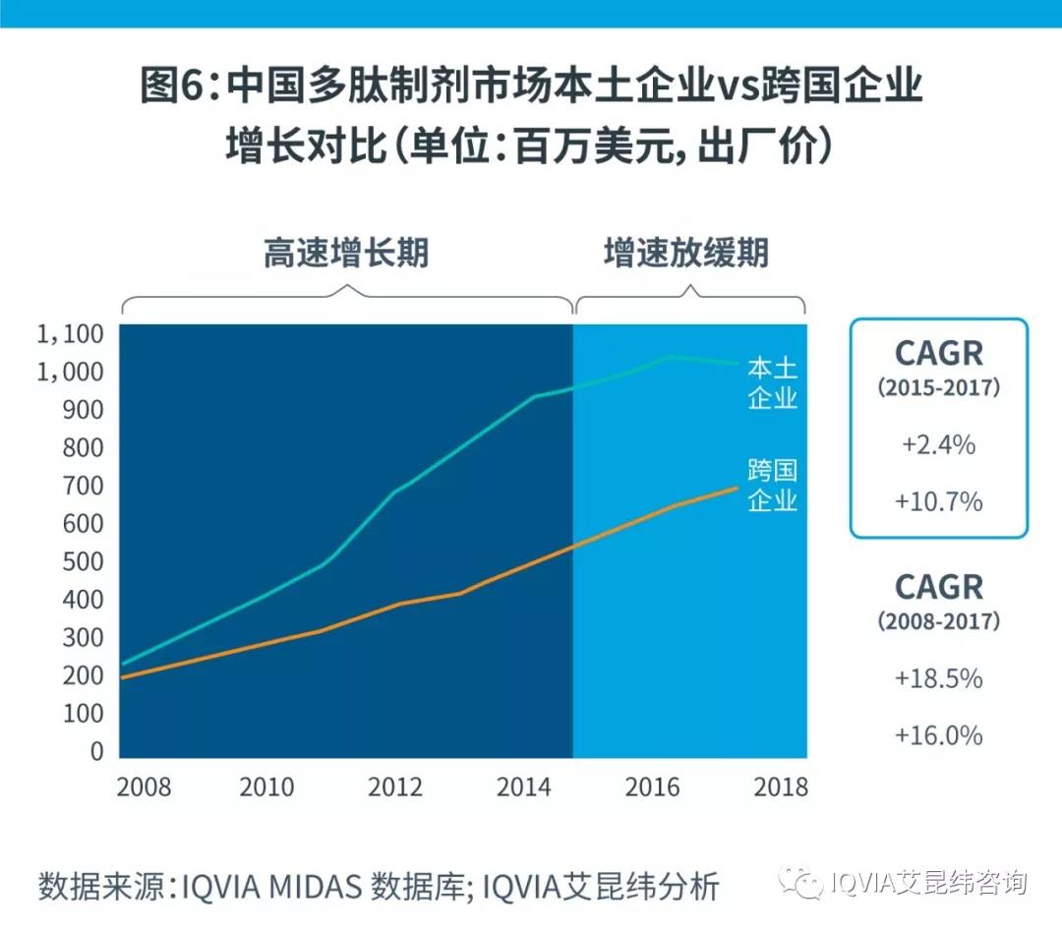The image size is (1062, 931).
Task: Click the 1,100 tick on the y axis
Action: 70,335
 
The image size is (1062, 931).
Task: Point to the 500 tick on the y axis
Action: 82,562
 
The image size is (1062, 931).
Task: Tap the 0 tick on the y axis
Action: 95,752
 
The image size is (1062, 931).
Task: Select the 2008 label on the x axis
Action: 144,787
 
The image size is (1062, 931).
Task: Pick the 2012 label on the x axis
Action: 396,787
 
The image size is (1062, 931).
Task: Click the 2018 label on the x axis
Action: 781,787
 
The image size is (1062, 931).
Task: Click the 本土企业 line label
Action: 772,383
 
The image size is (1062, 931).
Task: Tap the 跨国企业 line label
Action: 772,484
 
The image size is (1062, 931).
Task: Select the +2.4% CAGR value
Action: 938,444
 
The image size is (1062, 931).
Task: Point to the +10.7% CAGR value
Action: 938,501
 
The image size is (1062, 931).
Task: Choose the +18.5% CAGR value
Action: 938,678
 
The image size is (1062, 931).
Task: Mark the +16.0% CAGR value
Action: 938,735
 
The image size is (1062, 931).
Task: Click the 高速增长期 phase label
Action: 346,254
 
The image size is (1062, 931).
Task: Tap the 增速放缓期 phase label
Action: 686,254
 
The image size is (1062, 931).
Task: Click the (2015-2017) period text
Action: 938,387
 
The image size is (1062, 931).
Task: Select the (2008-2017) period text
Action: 938,621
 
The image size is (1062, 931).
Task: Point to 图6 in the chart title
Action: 176,87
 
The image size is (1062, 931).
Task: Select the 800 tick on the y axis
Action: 82,448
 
